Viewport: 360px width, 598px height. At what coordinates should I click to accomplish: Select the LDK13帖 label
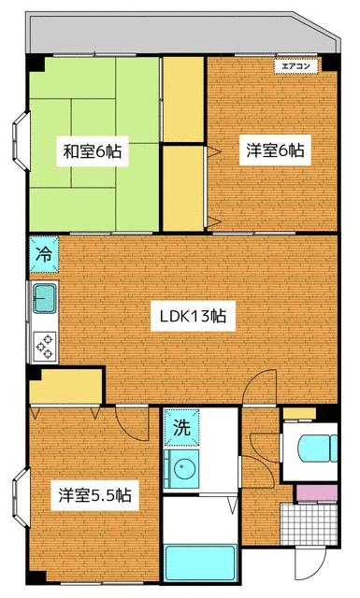[x=192, y=317]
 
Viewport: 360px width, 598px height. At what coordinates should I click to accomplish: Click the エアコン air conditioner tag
[x=296, y=64]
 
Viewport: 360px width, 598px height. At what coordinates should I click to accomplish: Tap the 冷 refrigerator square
[x=43, y=253]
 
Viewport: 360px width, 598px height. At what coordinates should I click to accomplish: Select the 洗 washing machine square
[x=181, y=429]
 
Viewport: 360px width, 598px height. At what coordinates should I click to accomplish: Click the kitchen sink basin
[x=45, y=301]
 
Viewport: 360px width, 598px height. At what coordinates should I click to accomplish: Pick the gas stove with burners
[x=45, y=346]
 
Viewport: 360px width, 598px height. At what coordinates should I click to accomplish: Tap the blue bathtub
[x=197, y=564]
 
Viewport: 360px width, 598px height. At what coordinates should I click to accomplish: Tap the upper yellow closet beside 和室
[x=181, y=97]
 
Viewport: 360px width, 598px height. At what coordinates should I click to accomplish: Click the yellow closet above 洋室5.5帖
[x=65, y=385]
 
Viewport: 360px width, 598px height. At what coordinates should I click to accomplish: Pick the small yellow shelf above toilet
[x=299, y=414]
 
